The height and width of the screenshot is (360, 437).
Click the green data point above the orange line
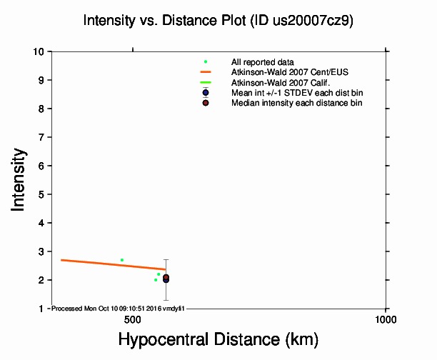122,260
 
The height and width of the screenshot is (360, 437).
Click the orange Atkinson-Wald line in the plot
107,264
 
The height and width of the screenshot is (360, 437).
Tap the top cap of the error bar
166,260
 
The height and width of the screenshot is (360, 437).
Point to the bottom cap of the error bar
166,300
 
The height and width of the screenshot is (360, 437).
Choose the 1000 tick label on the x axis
386,319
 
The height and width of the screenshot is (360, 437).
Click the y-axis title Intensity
19,179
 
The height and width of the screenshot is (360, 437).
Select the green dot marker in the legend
206,62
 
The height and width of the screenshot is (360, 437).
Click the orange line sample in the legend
206,72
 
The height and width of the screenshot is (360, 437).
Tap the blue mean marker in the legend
206,93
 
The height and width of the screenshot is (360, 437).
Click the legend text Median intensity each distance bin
296,103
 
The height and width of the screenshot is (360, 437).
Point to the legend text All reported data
262,62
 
